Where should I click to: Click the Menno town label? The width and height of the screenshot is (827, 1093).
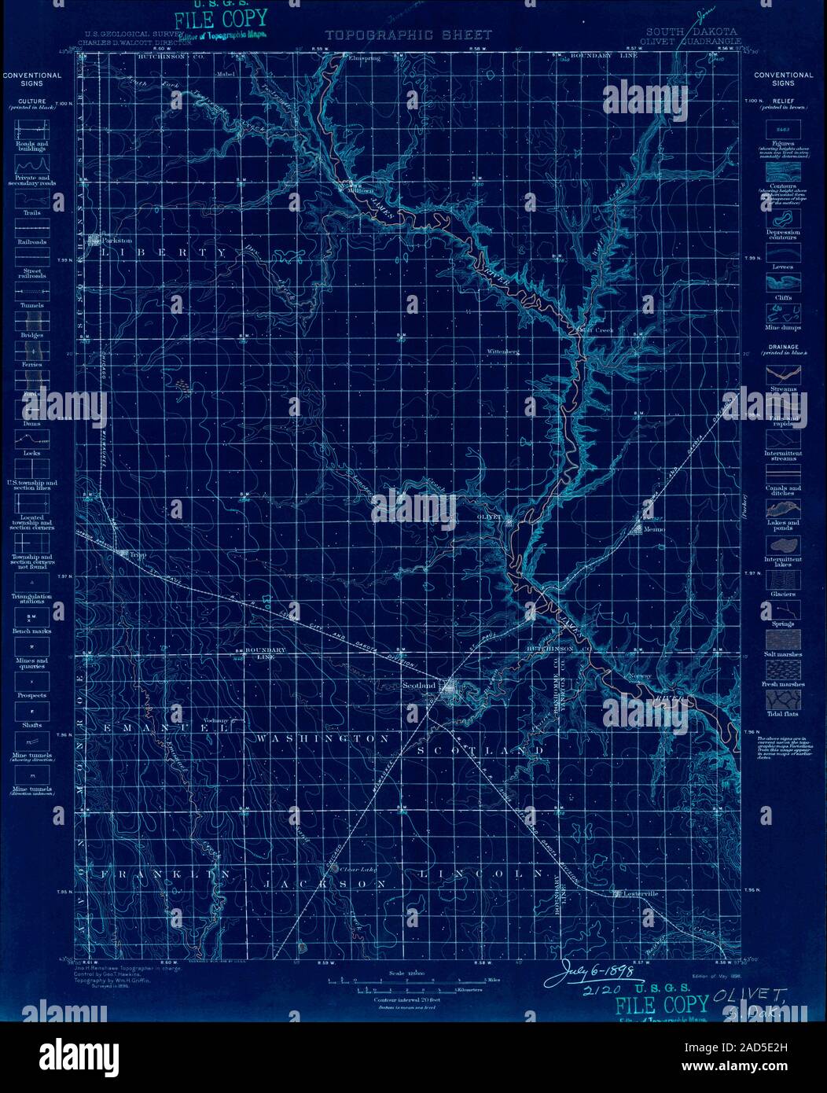click(654, 529)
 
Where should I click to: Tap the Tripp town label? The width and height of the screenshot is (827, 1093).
click(138, 554)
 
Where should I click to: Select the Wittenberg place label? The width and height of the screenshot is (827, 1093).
click(504, 351)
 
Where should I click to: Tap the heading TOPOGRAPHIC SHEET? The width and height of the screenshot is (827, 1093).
click(408, 35)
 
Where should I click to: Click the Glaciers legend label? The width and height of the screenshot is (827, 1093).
click(782, 594)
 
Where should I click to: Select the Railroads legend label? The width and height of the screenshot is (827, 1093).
click(32, 242)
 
